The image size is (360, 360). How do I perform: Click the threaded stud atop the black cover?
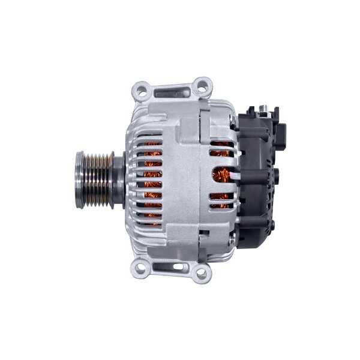(x=262, y=108)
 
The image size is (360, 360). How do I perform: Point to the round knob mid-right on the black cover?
(x=278, y=176)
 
